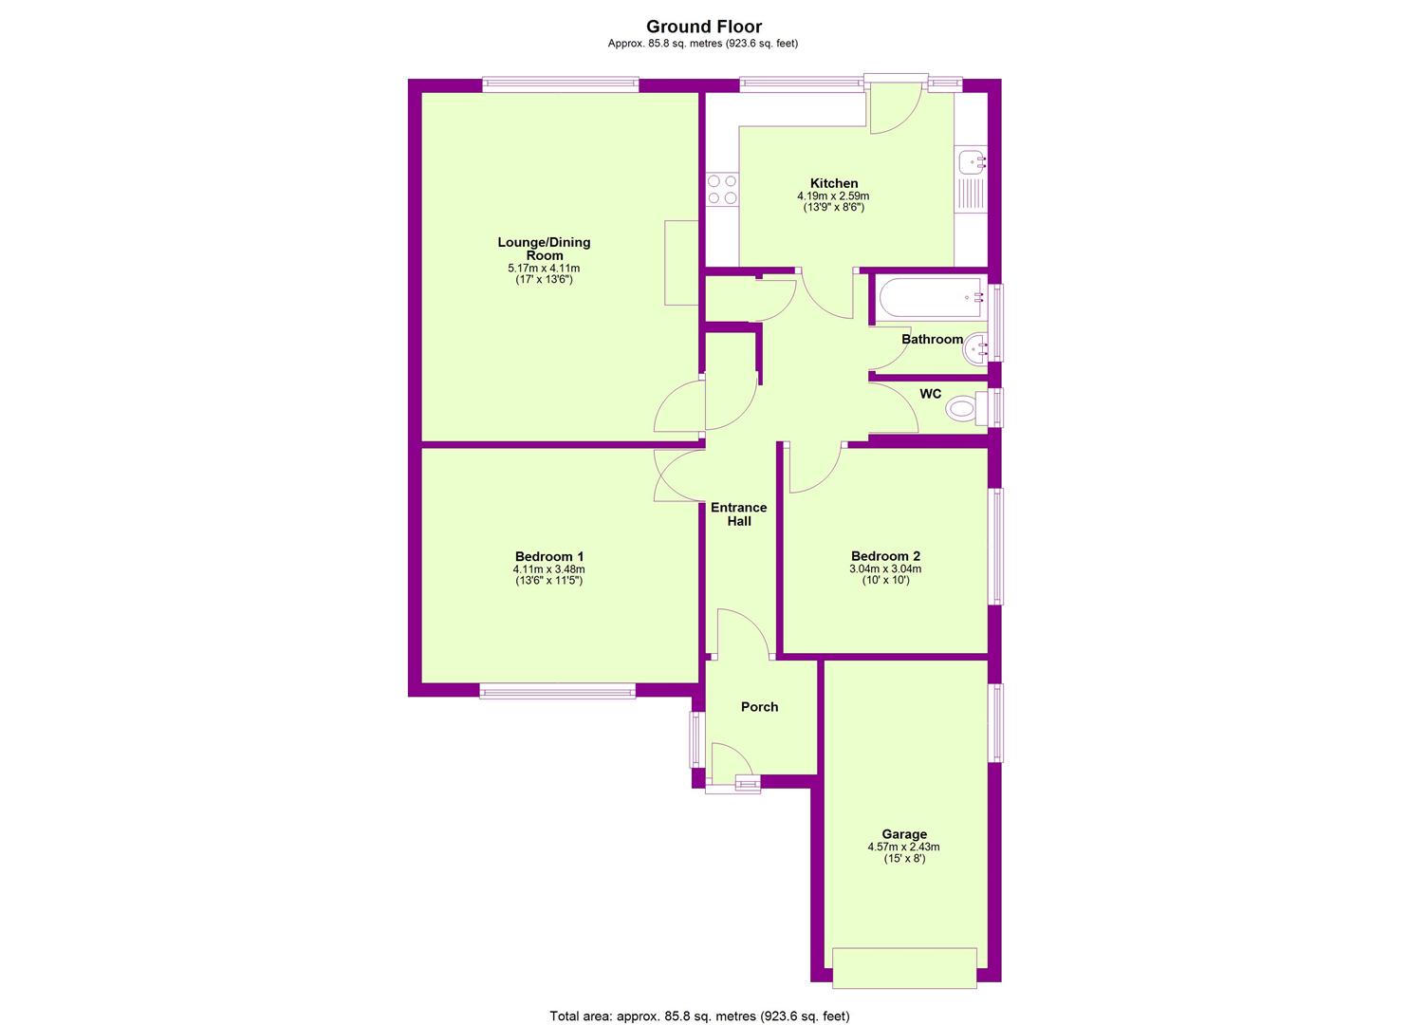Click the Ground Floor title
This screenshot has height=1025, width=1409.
coord(704,27)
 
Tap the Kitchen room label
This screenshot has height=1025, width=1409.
coord(833,183)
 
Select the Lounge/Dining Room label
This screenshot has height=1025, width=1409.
coord(544,249)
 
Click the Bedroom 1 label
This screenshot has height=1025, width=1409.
coord(549,556)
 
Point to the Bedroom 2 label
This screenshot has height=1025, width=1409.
coord(885,556)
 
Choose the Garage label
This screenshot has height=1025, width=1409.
coord(904,834)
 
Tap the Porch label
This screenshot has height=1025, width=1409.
coord(759,707)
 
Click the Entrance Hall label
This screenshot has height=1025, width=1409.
coord(739,514)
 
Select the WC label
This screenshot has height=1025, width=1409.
coord(930,394)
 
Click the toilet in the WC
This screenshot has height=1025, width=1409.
coord(967,409)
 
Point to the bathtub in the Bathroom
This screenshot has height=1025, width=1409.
coord(930,299)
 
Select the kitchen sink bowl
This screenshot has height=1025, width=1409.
coord(971,162)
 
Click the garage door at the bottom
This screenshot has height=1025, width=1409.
coord(904,967)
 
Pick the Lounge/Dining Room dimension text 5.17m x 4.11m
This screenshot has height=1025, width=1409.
coord(544,268)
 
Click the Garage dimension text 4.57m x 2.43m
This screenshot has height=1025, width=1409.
coord(904,847)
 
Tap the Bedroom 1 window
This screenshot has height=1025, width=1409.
coord(557,691)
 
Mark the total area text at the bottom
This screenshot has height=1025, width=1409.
coord(699,997)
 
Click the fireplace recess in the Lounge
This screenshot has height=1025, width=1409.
coord(681,263)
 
